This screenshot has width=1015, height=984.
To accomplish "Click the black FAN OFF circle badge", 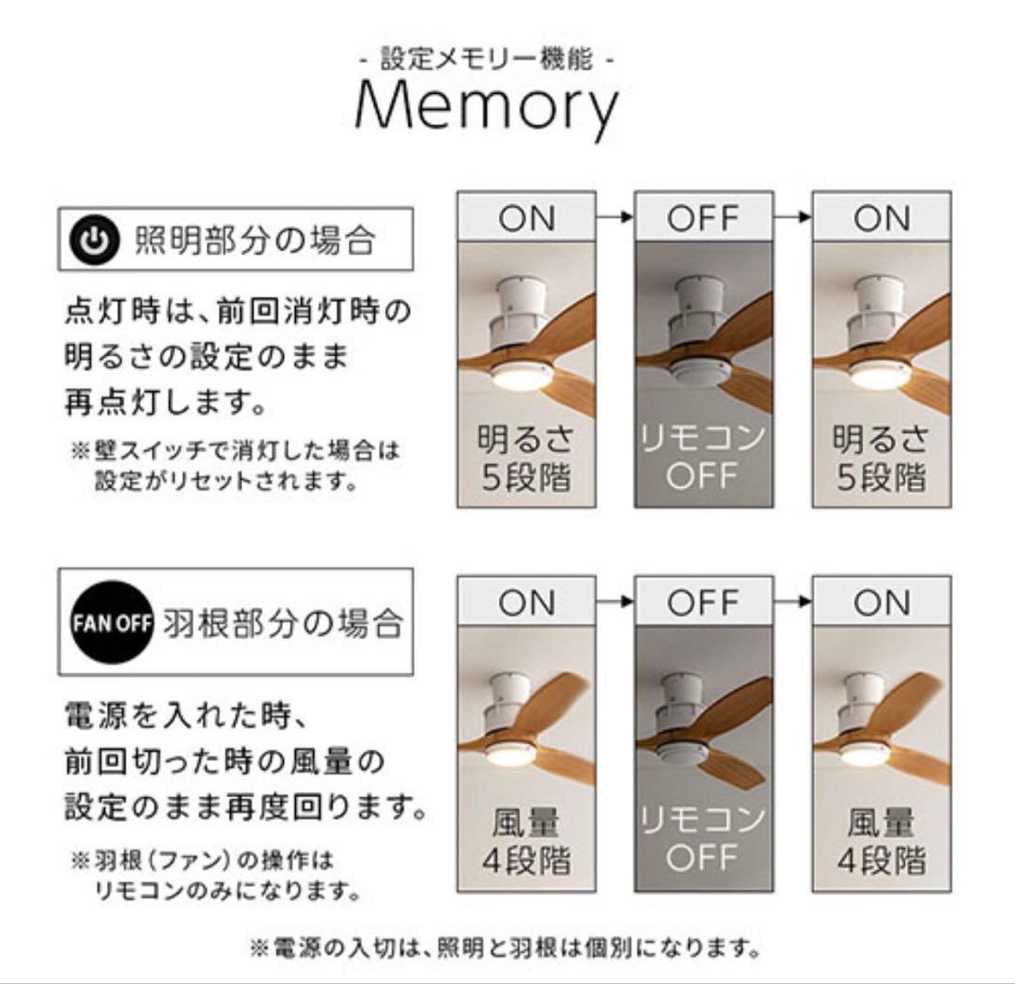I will [112, 622].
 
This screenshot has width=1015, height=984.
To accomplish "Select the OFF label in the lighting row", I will [704, 218].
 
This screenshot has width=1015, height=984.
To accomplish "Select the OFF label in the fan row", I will [704, 602].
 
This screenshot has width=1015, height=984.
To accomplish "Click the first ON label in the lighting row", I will [526, 218].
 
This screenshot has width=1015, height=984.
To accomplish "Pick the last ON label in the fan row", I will [882, 602].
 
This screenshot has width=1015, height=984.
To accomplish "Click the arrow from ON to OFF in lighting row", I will [615, 218].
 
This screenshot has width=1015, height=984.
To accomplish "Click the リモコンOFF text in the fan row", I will [704, 841].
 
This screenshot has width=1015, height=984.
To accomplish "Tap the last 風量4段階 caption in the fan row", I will [882, 841].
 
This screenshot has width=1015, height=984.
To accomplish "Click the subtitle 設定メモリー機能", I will [487, 60].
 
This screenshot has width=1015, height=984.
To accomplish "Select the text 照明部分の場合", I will [256, 242].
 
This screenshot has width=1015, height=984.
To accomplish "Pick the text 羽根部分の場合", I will [283, 622].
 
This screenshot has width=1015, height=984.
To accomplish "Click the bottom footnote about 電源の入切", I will [504, 945].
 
